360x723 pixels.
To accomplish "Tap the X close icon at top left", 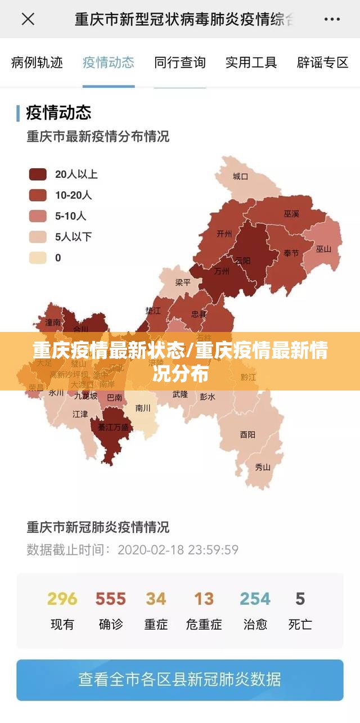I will pos(28,20).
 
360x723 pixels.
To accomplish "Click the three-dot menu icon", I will pos(332,20).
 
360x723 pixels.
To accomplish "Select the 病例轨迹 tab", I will pos(37,62).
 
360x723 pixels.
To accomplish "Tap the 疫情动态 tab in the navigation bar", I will pos(109,62).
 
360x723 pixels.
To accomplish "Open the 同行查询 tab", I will pos(180,62).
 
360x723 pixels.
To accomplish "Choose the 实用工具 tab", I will pos(251,62).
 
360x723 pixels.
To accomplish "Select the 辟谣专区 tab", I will pos(323,62).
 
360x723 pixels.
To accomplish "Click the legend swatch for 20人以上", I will pos(38,174).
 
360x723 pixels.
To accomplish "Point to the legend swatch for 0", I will pos(38,258).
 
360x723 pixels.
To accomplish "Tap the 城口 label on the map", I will pos(241,177).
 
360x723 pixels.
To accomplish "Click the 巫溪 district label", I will pos(291,214).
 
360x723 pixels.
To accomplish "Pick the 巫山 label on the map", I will pos(323,249).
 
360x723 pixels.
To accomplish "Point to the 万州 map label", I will pos(222,271).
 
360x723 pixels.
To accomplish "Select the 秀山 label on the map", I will pos(263,466).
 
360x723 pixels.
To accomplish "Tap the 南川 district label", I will pos(143,408).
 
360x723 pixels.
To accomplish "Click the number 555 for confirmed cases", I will pos(110,599).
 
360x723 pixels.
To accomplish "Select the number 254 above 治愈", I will pos(255,599).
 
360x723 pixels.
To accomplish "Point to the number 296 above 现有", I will pos(62,599).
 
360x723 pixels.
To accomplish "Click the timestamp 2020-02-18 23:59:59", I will pos(178,550).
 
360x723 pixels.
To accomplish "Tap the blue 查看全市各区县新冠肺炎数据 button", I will pos(180,680).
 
